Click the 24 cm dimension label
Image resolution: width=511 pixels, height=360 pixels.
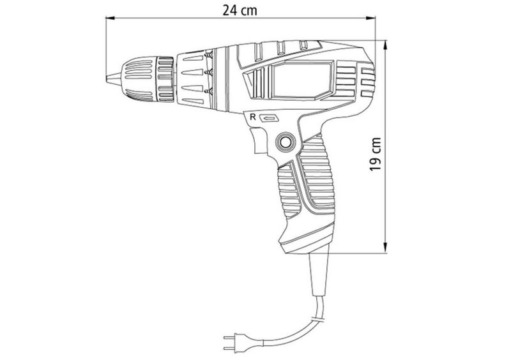(240, 10)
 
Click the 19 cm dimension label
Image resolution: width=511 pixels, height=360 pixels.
(376, 154)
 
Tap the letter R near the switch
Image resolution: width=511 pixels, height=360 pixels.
(252, 117)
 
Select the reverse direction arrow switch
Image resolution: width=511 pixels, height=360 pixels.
(269, 118)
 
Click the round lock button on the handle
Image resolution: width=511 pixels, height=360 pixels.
(285, 142)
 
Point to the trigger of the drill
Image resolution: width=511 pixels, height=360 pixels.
(260, 140)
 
